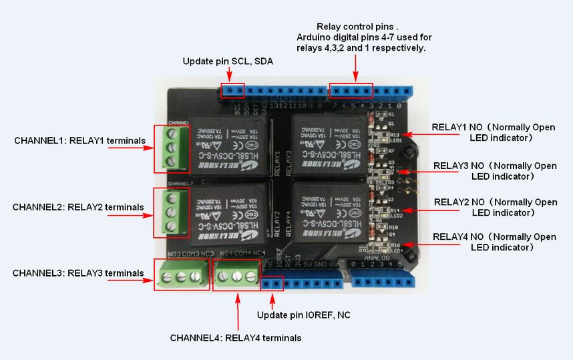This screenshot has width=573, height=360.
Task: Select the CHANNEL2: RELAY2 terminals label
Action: click(78, 207)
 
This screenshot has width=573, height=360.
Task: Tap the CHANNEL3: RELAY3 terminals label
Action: click(78, 273)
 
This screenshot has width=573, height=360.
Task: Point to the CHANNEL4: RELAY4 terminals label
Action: click(235, 338)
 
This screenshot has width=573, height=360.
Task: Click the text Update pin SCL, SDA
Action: click(228, 61)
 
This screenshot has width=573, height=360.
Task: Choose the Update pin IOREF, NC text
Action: click(304, 315)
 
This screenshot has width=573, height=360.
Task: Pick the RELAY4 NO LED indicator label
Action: click(494, 242)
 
